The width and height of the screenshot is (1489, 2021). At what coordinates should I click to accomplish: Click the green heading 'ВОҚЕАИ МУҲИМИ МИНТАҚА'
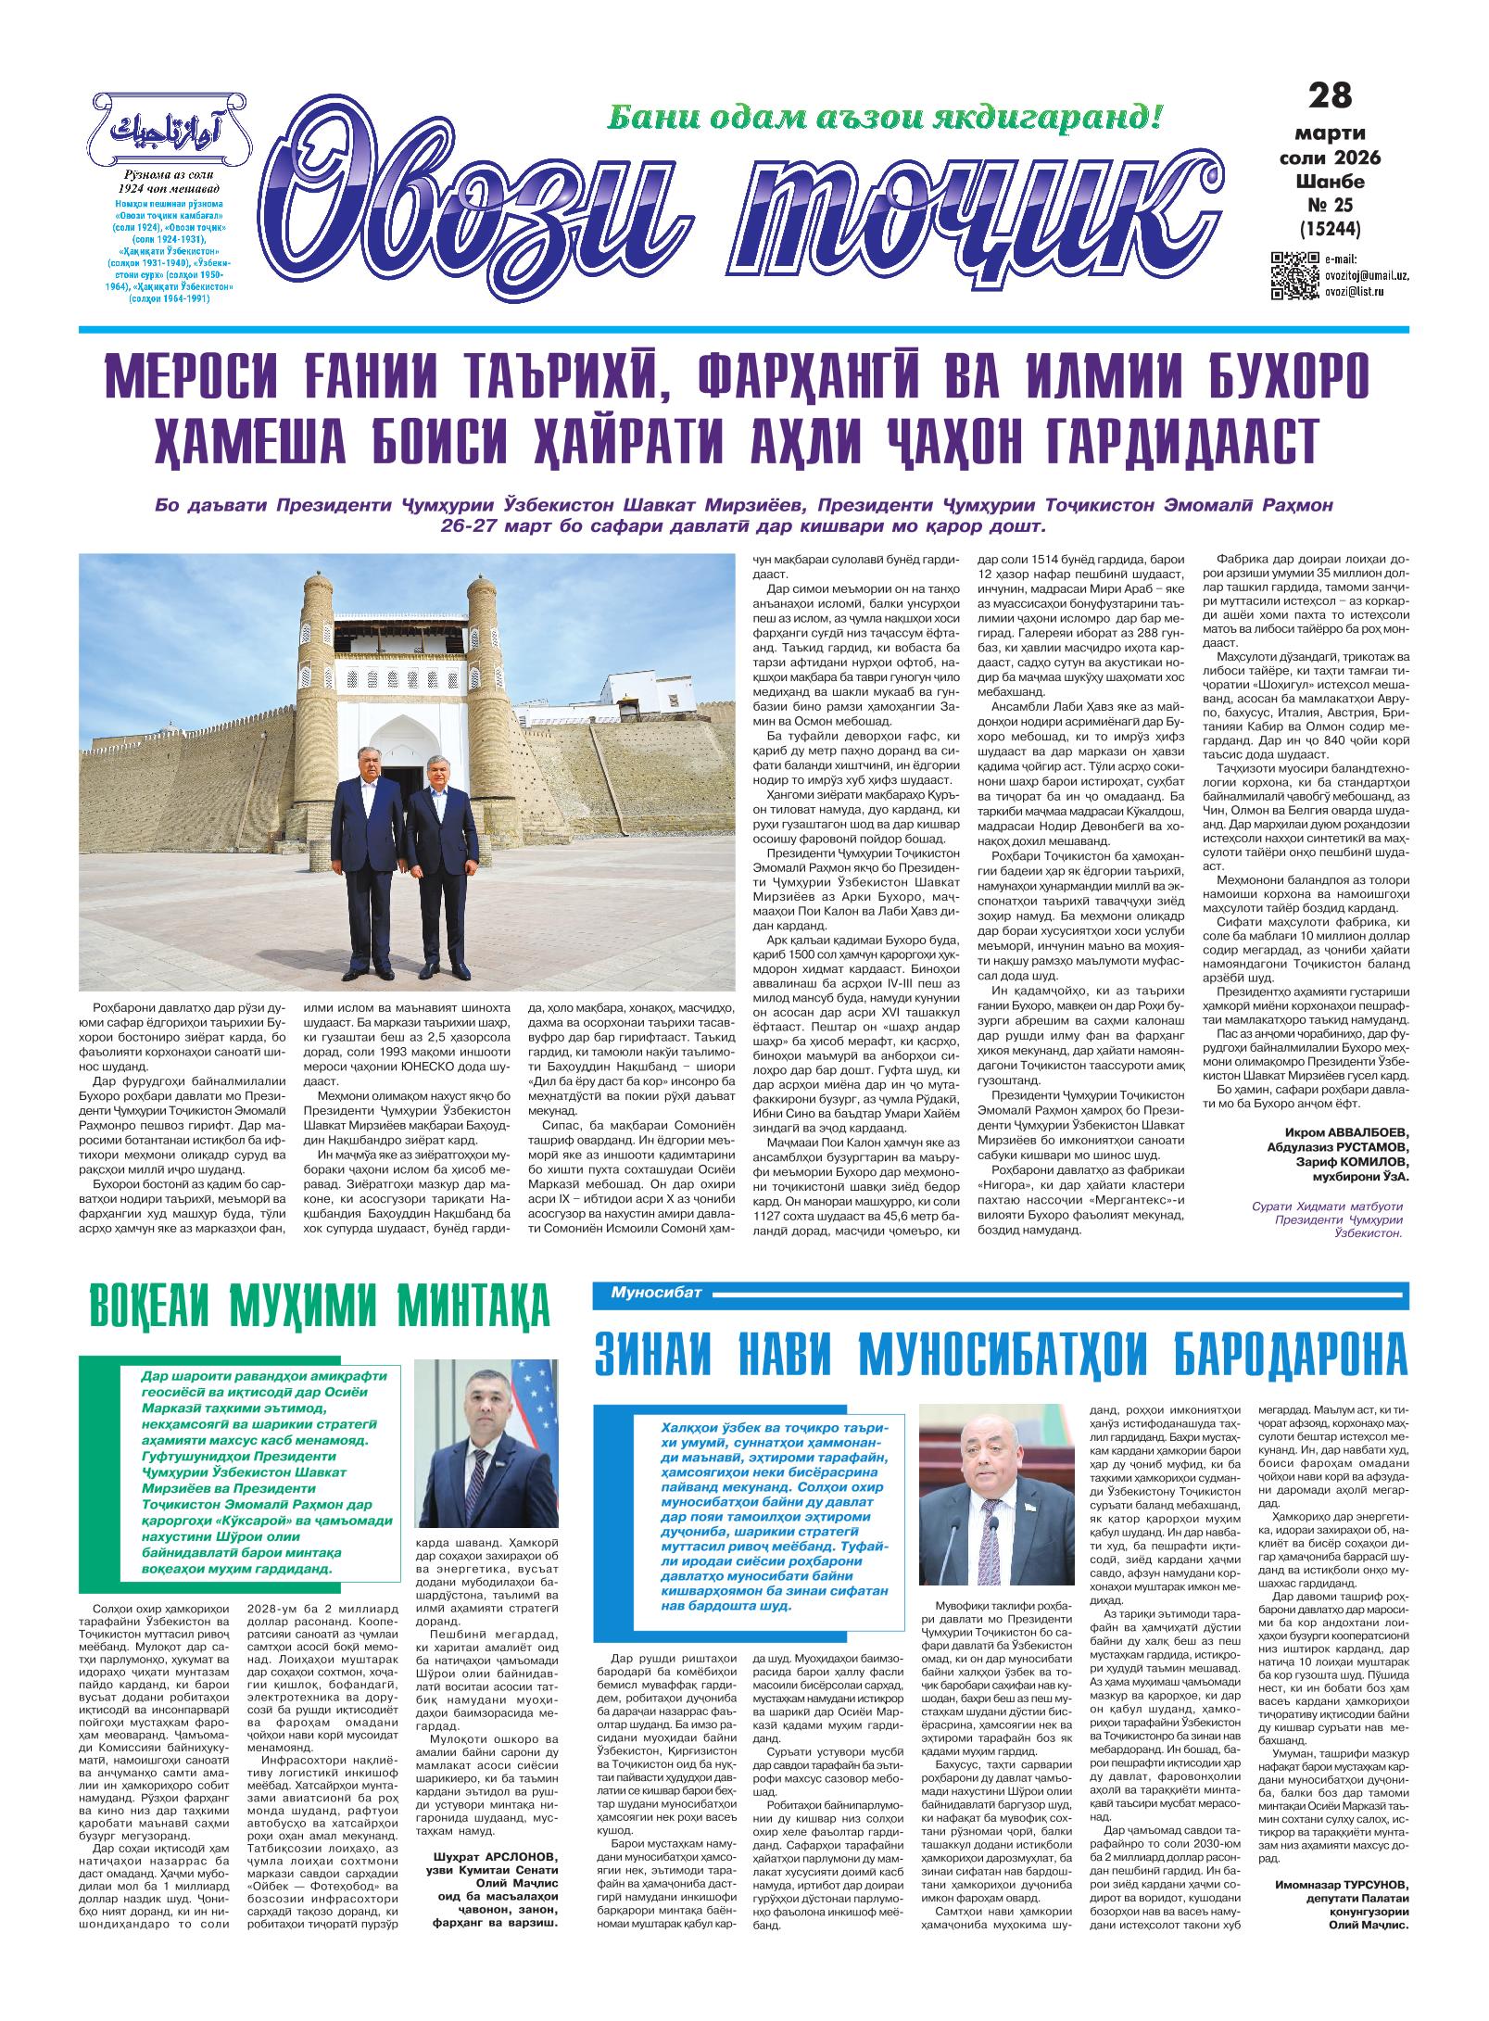(x=318, y=1307)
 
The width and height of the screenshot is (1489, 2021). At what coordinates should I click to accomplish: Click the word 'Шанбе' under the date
(x=1330, y=180)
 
